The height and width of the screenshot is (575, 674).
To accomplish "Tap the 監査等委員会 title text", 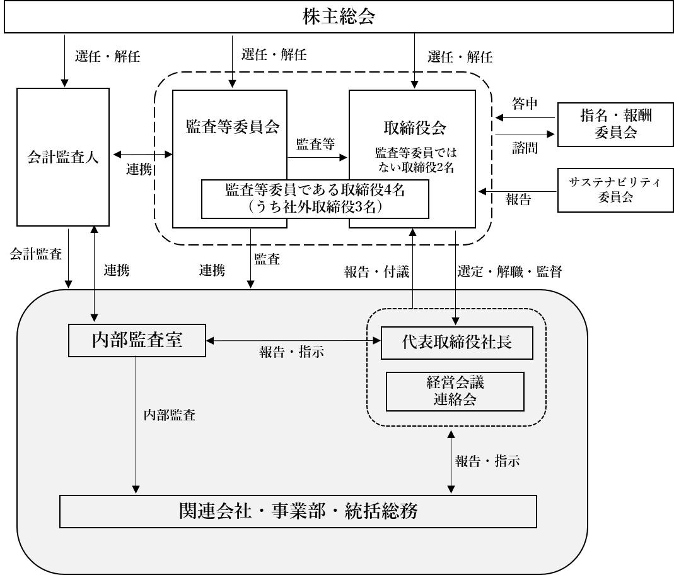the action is (x=233, y=126).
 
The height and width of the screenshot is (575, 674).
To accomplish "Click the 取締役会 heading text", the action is (x=415, y=127).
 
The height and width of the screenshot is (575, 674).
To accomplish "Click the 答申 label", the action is (x=525, y=104).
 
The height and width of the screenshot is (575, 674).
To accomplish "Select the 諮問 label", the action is (x=525, y=148).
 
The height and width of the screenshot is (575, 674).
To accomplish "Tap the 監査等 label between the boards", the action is (x=315, y=144).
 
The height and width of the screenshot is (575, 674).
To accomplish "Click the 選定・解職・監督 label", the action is (x=509, y=271).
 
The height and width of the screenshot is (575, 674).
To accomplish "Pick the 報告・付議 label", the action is (x=376, y=271).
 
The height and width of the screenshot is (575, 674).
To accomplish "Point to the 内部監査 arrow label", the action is (x=170, y=415).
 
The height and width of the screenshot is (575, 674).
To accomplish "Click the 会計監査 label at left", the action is (x=36, y=254).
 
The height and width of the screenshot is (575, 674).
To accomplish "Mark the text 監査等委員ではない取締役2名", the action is (x=415, y=160).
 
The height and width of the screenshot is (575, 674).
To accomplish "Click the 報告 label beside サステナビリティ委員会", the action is (x=518, y=199).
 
